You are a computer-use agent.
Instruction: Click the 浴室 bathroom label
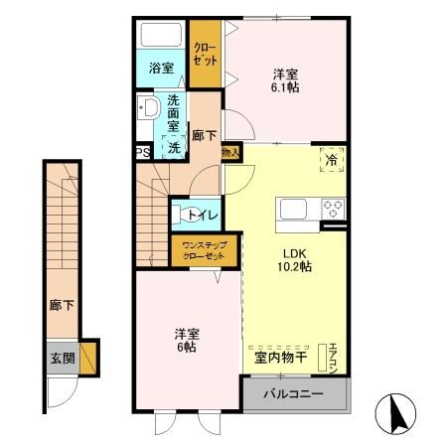click(161, 69)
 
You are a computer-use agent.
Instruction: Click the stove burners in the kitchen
click(332, 209)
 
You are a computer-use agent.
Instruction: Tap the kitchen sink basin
click(295, 209)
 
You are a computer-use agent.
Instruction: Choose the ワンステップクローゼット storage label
click(204, 249)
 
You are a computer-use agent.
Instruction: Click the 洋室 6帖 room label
click(187, 341)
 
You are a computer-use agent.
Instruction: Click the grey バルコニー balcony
click(295, 393)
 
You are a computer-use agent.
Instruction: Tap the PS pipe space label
click(143, 153)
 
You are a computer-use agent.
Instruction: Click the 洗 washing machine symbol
click(174, 147)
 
